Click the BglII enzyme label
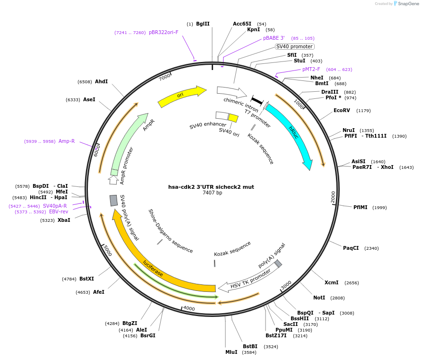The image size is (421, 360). (x=203, y=24)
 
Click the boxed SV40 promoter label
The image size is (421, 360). (x=294, y=46)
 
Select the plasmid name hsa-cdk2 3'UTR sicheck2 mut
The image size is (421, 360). (x=211, y=187)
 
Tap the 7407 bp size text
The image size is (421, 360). (x=212, y=193)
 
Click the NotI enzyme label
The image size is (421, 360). (x=319, y=298)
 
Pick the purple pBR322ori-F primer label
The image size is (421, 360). (x=163, y=33)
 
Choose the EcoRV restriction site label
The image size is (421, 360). (x=342, y=110)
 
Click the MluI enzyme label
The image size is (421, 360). (x=231, y=352)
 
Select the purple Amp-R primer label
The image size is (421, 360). (x=67, y=141)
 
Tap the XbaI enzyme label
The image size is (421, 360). (x=64, y=220)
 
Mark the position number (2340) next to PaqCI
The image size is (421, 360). (x=371, y=248)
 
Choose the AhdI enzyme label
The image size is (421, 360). (x=101, y=81)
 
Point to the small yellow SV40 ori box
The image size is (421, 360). (x=233, y=118)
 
